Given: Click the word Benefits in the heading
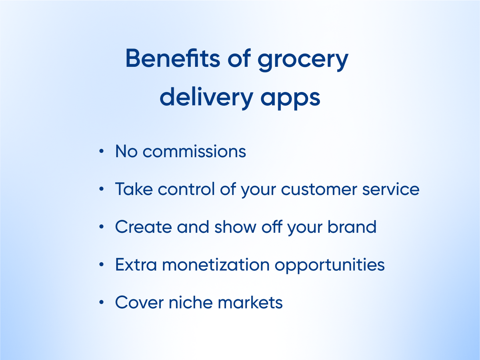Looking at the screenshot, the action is (x=173, y=58).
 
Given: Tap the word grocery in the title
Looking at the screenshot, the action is (x=303, y=60).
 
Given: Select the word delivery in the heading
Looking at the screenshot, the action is (x=207, y=97).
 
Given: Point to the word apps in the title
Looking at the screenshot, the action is (x=290, y=100).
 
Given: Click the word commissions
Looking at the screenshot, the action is (x=194, y=151).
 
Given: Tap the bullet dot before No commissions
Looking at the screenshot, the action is (x=101, y=151).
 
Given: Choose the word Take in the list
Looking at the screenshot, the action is (x=134, y=189).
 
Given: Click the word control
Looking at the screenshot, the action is (x=186, y=189).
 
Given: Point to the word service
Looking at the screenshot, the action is (x=391, y=189).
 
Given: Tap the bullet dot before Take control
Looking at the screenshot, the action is (x=101, y=189).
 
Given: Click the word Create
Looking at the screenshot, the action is (x=144, y=227).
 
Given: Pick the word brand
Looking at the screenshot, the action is (x=352, y=226).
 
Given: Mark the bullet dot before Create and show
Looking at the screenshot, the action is (x=101, y=227).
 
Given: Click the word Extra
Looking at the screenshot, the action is (x=136, y=264).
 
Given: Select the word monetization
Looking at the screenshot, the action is (x=216, y=264).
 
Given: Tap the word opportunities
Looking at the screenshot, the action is (x=330, y=266).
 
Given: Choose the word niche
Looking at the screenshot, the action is (x=191, y=302).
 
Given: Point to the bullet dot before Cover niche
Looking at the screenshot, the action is (x=101, y=302).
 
